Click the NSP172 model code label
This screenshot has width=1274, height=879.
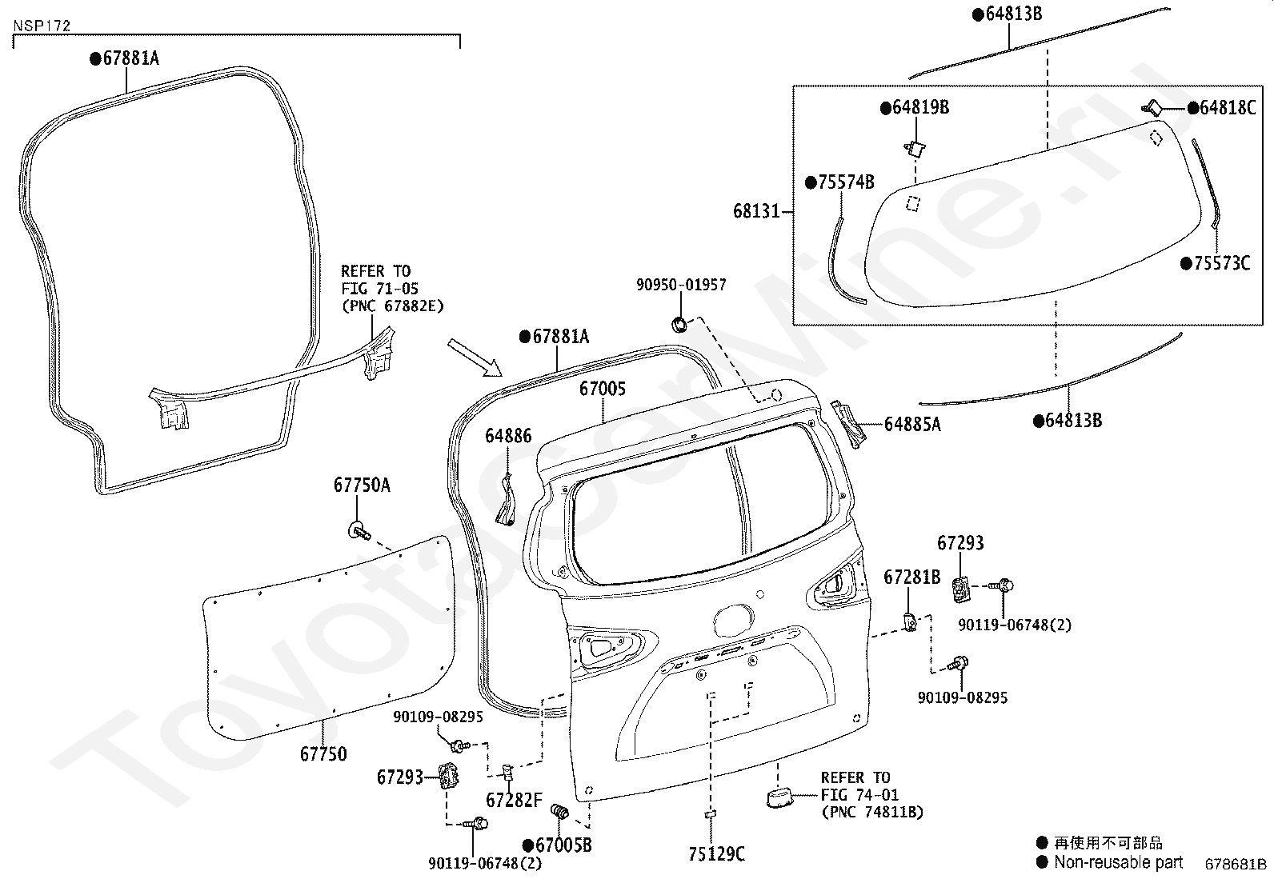[x=42, y=26]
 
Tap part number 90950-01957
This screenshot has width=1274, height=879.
[x=681, y=284]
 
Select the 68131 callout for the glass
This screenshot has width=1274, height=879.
[x=756, y=211]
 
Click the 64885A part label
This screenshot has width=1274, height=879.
[x=912, y=424]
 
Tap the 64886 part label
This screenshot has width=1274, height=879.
[x=508, y=436]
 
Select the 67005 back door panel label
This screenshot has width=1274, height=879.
[x=603, y=389]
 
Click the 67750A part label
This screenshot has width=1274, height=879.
[x=362, y=485]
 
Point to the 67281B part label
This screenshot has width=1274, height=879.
[x=911, y=577]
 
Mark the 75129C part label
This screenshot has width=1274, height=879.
[x=717, y=854]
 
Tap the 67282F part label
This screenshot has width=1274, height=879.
[x=514, y=800]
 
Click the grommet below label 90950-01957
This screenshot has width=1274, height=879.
[x=679, y=325]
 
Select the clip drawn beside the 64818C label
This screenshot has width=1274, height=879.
[x=1151, y=107]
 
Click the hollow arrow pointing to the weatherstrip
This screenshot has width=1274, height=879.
[x=475, y=358]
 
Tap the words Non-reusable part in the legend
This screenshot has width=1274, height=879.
[x=1119, y=862]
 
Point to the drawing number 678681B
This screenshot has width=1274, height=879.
[x=1236, y=865]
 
